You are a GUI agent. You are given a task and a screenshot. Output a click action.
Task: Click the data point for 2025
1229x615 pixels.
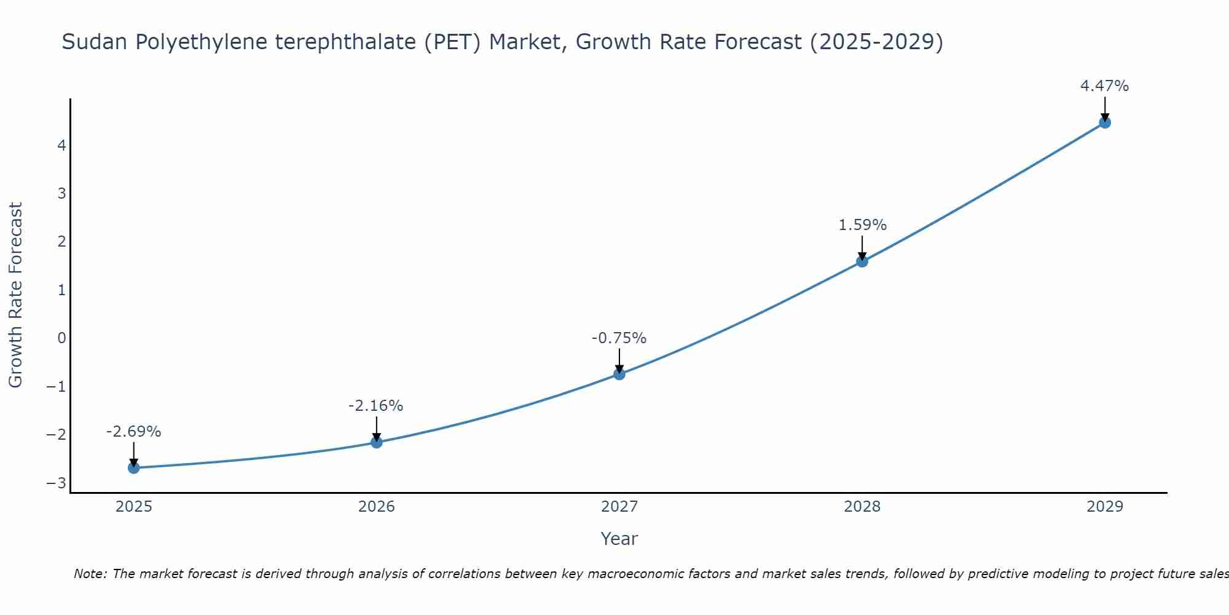[133, 468]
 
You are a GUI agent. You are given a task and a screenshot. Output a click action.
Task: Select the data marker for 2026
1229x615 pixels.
[377, 442]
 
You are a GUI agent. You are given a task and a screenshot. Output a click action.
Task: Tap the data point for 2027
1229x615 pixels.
[619, 374]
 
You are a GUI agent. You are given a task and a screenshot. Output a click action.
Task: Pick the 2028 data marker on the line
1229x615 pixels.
[862, 261]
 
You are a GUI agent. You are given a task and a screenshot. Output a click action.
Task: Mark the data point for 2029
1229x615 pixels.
[1105, 122]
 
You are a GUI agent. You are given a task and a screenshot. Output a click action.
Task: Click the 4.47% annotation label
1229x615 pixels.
[1104, 86]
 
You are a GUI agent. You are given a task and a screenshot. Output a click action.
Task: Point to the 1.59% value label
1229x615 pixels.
[862, 225]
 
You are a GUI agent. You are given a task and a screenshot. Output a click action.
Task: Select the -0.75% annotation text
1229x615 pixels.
[619, 338]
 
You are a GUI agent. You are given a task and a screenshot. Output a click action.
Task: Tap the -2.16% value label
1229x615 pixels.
[375, 406]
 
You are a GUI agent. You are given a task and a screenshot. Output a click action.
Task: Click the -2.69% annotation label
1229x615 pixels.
[133, 432]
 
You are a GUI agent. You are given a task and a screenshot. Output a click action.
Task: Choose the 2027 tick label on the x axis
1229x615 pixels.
[619, 507]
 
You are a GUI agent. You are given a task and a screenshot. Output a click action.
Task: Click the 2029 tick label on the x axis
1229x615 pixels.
[1105, 507]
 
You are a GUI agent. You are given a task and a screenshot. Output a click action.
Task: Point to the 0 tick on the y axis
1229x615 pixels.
[61, 338]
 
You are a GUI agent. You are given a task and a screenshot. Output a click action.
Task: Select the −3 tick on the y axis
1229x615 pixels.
[57, 483]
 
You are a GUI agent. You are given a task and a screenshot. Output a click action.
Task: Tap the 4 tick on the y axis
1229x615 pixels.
[61, 146]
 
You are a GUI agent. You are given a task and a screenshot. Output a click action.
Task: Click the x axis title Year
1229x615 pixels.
[619, 539]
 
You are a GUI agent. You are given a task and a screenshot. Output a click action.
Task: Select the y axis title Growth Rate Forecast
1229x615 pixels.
[15, 295]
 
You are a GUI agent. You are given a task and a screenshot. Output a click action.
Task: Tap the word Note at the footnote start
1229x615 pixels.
[90, 574]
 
